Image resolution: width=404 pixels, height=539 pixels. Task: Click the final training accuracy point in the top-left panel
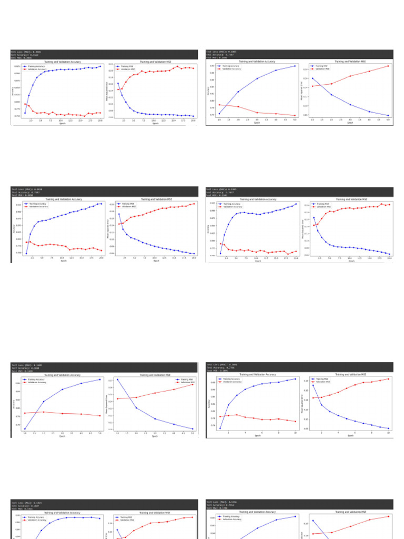coord(100,66)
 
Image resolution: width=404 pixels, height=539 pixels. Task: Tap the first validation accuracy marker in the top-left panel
coord(25,104)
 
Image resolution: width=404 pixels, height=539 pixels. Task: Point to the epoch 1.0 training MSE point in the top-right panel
coord(312,78)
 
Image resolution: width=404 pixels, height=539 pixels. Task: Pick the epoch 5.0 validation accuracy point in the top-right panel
coord(295,116)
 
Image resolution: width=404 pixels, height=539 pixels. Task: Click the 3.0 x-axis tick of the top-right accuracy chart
coord(257,120)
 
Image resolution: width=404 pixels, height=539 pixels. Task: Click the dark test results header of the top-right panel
coord(299,54)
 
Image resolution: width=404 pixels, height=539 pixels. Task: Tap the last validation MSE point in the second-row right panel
coord(389,204)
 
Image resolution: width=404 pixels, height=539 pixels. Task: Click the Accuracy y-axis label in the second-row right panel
coord(208,229)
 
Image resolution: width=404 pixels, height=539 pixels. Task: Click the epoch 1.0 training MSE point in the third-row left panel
coord(117,379)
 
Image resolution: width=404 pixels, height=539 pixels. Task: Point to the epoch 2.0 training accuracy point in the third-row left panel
coord(44,402)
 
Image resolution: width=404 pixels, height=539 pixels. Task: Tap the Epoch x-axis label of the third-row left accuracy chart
coord(62,436)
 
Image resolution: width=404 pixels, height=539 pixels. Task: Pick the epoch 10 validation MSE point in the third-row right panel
coord(388,378)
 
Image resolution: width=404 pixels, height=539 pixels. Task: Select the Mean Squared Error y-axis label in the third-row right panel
coord(302,403)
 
